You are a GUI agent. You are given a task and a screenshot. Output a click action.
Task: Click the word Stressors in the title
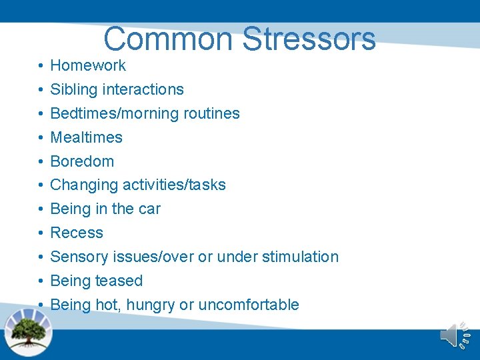click(x=309, y=39)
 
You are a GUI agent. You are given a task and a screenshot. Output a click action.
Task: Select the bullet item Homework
click(x=88, y=65)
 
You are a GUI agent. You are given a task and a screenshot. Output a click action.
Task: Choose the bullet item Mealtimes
click(x=87, y=137)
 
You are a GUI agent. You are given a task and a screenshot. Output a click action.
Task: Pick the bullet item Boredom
click(x=82, y=161)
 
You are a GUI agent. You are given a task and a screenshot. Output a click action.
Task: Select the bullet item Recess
click(x=77, y=233)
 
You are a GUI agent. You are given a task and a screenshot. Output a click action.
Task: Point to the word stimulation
click(x=300, y=257)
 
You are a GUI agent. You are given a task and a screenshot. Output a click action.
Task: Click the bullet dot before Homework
click(x=41, y=66)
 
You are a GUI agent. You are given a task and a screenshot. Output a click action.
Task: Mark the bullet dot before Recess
click(x=41, y=233)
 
